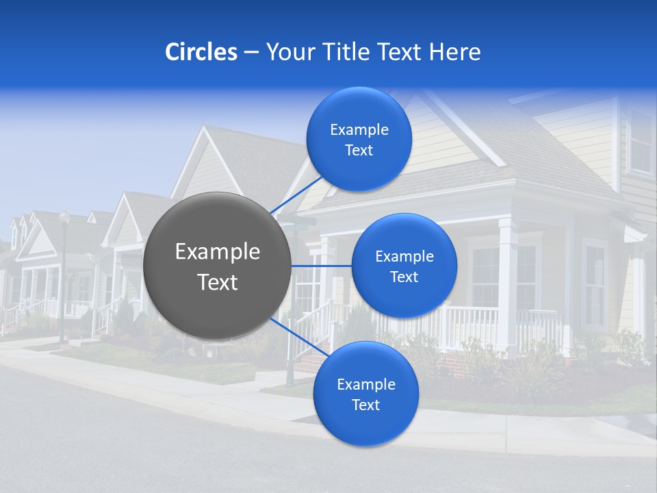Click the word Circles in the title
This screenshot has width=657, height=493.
pyautogui.click(x=201, y=51)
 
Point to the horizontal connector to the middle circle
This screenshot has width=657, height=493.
pyautogui.click(x=321, y=266)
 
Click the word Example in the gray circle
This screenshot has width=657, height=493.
pyautogui.click(x=218, y=251)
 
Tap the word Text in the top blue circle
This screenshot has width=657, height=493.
pyautogui.click(x=359, y=151)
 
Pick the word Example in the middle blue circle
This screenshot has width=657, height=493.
pyautogui.click(x=404, y=256)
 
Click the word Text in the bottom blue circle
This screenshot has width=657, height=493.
pyautogui.click(x=365, y=405)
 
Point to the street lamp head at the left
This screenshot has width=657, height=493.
pyautogui.click(x=64, y=217)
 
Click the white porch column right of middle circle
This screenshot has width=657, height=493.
pyautogui.click(x=506, y=274)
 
